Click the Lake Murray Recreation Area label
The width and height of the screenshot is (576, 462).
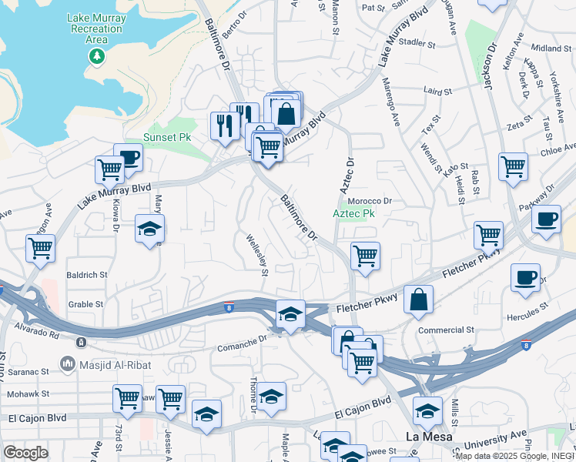(x=95, y=28)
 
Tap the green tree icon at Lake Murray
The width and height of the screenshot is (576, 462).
(x=95, y=55)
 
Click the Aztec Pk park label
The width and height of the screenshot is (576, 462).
(x=353, y=213)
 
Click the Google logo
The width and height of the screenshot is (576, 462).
(x=25, y=453)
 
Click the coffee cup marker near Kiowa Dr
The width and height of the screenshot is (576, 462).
(x=129, y=158)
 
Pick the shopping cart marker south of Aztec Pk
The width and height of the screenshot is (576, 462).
(x=366, y=256)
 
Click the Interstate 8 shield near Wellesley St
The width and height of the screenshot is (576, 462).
(x=229, y=308)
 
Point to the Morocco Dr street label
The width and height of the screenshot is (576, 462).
(x=370, y=201)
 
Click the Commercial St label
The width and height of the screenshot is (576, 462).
(x=446, y=330)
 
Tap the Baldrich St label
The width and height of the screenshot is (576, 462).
(x=87, y=274)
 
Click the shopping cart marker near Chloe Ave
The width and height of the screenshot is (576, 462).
(x=513, y=166)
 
